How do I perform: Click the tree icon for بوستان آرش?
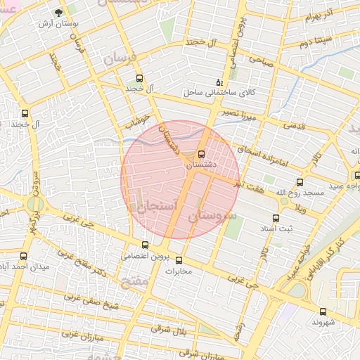pyautogui.click(x=58, y=13)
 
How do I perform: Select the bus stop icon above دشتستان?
pyautogui.click(x=202, y=153)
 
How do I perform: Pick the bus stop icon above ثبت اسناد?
pyautogui.click(x=276, y=218)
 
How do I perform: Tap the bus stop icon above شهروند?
pyautogui.click(x=323, y=311)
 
